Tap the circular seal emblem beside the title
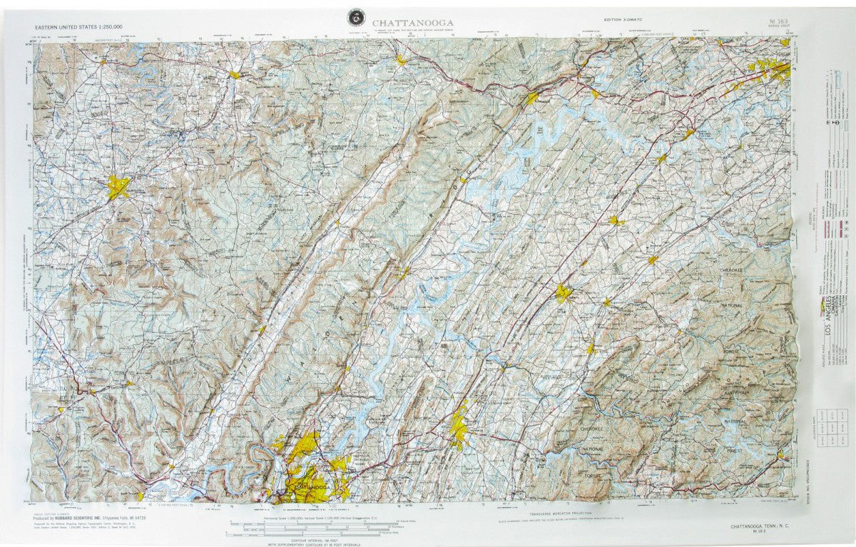point(354,18)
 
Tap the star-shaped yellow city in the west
point(118,187)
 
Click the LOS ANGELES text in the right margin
point(828,319)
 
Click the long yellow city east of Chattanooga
point(459,425)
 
